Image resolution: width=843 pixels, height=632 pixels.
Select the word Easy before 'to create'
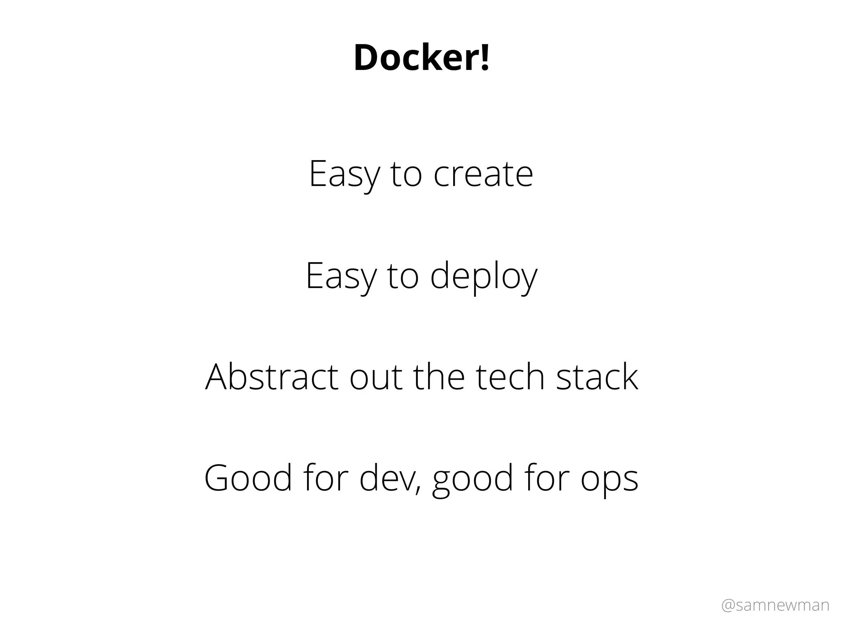pos(344,174)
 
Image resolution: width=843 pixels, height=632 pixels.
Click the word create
pos(483,174)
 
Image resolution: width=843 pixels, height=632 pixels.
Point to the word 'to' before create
pos(406,174)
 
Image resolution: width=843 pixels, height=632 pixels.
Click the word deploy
pos(484,276)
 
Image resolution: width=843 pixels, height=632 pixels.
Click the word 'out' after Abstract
pos(375,377)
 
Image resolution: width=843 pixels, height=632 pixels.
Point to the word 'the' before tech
pos(439,377)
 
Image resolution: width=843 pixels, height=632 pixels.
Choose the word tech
pos(510,377)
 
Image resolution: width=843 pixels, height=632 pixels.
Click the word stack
pos(597,377)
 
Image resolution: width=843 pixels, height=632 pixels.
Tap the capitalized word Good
pos(248,478)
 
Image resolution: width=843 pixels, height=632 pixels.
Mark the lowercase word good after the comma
pos(473,479)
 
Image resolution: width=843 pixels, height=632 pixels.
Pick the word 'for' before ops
pos(547,478)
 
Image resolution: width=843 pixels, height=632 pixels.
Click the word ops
pos(609,479)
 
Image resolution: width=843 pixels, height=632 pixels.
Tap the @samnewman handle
pos(775,605)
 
